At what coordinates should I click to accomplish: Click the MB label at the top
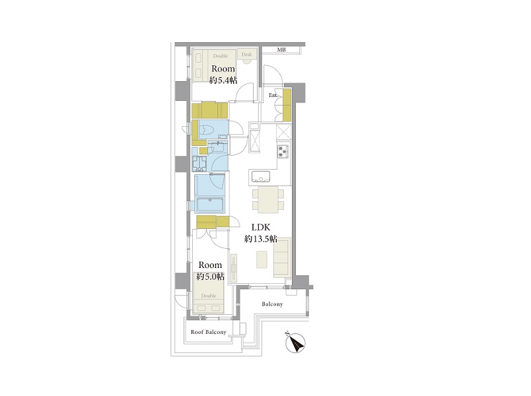tap(281, 49)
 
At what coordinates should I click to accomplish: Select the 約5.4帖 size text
tap(223, 81)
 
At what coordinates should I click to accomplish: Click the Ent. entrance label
tap(273, 96)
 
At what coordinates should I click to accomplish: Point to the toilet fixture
tap(207, 130)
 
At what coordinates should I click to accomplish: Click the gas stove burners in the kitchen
tap(283, 151)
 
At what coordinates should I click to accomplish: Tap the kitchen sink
tap(260, 176)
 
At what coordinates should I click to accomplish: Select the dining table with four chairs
tap(268, 200)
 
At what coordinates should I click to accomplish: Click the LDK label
tap(260, 228)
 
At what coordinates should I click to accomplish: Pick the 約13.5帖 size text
tap(261, 239)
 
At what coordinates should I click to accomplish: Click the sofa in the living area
tap(282, 257)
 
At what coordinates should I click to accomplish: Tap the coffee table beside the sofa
tap(261, 259)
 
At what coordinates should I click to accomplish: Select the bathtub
tap(210, 205)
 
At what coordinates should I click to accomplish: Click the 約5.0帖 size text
tap(210, 276)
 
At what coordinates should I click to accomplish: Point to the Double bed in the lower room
tap(209, 298)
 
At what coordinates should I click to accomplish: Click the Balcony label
tap(272, 304)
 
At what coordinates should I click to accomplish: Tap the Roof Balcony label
tap(208, 332)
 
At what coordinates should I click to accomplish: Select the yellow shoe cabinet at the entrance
tap(287, 105)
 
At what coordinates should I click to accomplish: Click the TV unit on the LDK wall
tap(234, 268)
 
